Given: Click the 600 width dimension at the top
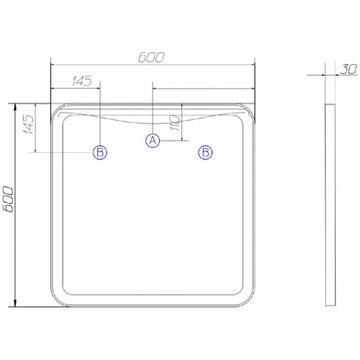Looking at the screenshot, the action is click(x=151, y=58).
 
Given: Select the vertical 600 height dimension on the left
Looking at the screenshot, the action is click(x=9, y=199).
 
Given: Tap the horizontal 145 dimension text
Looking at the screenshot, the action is click(x=82, y=81).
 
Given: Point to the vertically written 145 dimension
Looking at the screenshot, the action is click(x=29, y=124).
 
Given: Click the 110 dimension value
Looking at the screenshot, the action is click(x=174, y=122).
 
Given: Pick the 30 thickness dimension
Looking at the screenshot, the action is click(x=348, y=70).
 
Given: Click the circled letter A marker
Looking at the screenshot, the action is click(x=153, y=140).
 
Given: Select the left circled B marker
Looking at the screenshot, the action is click(x=100, y=153).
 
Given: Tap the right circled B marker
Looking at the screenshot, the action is click(x=205, y=153).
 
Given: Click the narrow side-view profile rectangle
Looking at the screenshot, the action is click(x=330, y=205).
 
